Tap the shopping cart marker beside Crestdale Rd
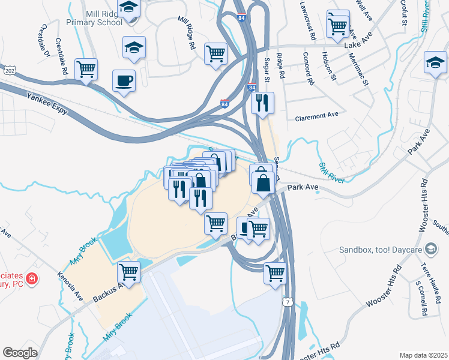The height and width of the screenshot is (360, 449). [x=86, y=69]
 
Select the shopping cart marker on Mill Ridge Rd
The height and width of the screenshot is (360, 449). [x=215, y=53]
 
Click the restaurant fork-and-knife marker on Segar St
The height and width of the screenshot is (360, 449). [x=262, y=103]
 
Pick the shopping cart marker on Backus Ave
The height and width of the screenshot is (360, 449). [x=128, y=271]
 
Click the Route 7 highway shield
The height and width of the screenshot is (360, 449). [x=289, y=302]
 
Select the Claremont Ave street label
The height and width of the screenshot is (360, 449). [x=317, y=117]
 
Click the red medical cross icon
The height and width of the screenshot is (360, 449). [x=31, y=279]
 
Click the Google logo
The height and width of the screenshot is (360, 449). [x=20, y=352]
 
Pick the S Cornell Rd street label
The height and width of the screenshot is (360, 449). [x=424, y=298]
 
